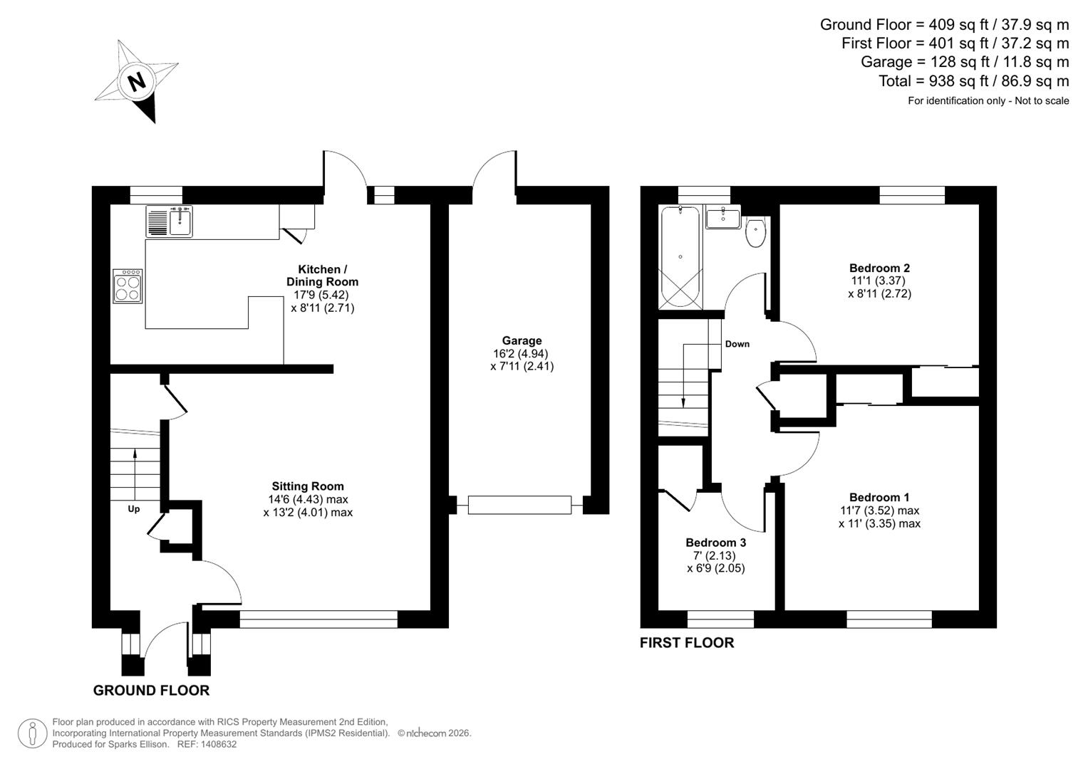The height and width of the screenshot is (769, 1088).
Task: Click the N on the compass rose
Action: pos(136,80)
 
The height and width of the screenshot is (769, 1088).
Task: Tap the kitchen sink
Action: pos(170,221)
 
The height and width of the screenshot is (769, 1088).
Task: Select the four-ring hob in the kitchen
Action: pos(128,286)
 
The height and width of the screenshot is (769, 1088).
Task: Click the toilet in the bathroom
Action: pos(755,233)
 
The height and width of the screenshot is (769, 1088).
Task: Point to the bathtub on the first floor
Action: pos(680,257)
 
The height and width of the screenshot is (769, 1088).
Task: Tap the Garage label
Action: pos(522,341)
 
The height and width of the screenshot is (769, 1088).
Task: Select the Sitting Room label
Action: pos(308,487)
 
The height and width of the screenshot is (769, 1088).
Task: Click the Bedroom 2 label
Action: pos(879,268)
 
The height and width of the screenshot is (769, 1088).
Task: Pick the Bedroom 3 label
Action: pos(715,543)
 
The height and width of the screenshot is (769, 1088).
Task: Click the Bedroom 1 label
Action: pos(879,498)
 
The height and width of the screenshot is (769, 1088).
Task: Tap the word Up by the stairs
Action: pos(133,509)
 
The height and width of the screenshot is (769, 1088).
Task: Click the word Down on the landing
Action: pos(737,344)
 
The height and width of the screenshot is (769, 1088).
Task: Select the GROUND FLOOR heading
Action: pos(151,690)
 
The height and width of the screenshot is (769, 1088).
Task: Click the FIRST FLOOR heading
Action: pos(686,642)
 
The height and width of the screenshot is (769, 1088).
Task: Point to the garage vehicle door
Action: pos(519,505)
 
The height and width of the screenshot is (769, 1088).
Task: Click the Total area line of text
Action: pos(973,81)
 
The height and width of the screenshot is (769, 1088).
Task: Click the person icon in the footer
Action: pos(32,733)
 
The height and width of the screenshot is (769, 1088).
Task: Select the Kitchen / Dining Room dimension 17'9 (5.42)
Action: pos(322,295)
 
